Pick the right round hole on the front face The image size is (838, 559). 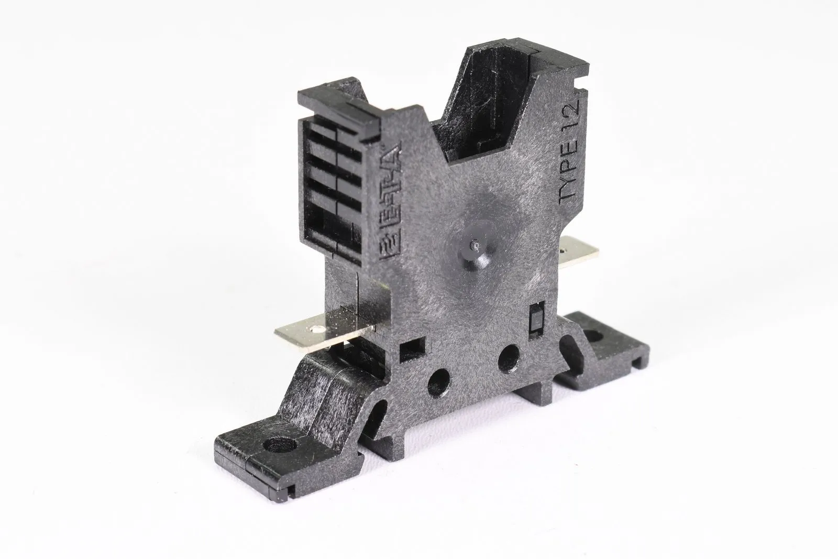(508, 358)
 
